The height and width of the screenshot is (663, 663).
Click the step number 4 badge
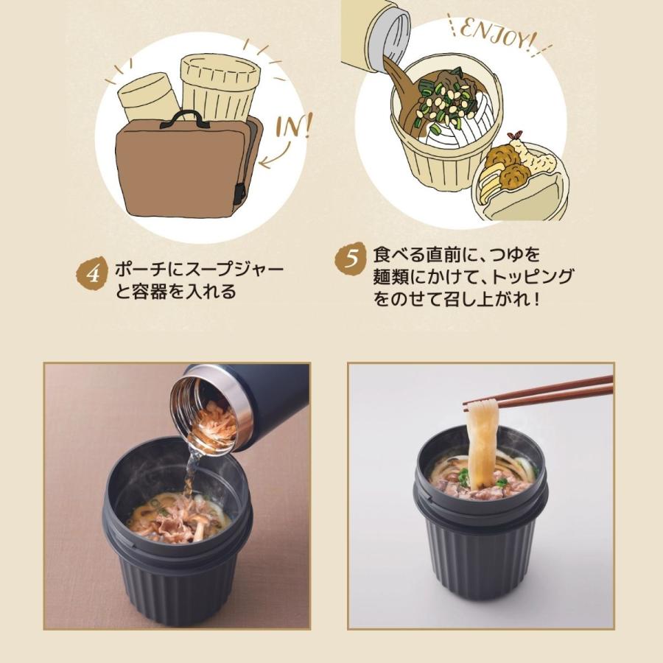point(92,272)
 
